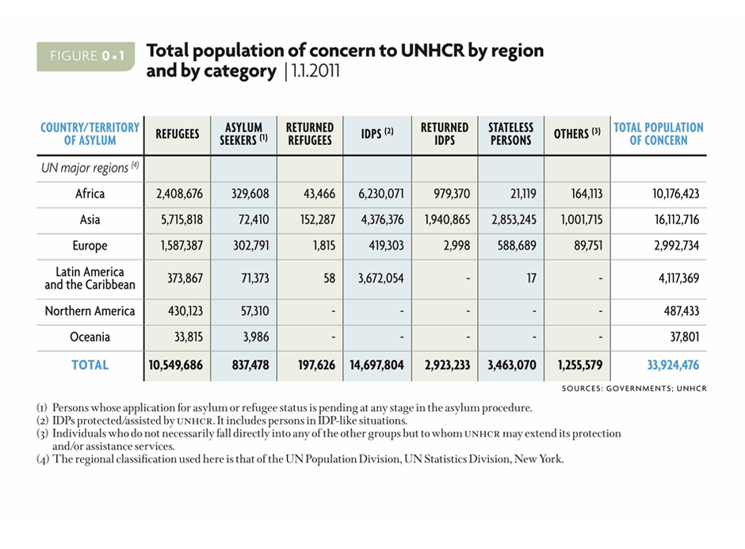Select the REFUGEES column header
tap(177, 134)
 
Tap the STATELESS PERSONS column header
tap(510, 134)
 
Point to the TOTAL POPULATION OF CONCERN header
tap(659, 134)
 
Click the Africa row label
tap(90, 193)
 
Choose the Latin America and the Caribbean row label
tap(90, 278)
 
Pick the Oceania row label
tap(90, 337)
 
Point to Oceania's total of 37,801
tap(684, 337)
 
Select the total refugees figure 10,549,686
tap(174, 365)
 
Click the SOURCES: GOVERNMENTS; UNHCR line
tap(634, 388)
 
